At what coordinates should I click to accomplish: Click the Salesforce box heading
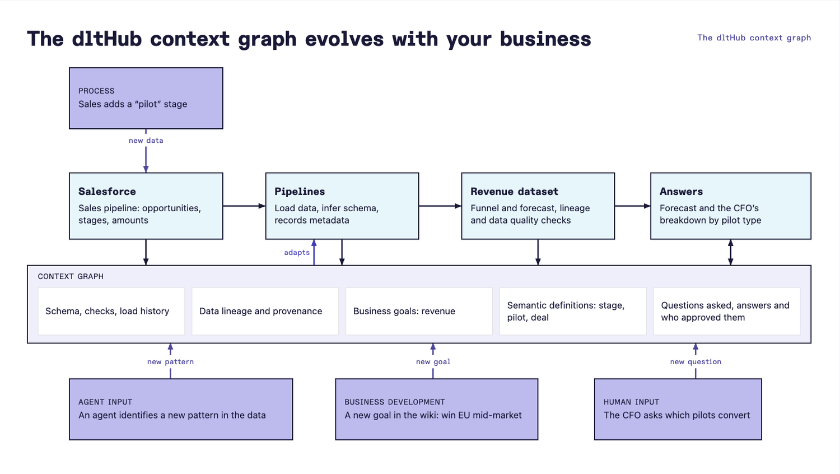[x=107, y=192]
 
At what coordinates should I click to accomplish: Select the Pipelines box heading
[x=300, y=192]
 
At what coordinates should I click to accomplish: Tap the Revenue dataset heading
[x=514, y=192]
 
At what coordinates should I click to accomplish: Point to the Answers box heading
[x=681, y=192]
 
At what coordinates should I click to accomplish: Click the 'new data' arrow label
[x=146, y=141]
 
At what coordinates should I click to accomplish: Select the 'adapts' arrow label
[x=297, y=253]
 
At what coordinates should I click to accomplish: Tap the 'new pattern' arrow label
[x=170, y=362]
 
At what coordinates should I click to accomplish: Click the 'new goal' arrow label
[x=433, y=362]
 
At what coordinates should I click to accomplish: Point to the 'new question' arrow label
[x=696, y=362]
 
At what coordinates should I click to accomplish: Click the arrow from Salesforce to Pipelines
[x=244, y=206]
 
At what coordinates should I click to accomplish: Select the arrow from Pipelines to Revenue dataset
[x=440, y=206]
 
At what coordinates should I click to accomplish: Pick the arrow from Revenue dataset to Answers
[x=633, y=206]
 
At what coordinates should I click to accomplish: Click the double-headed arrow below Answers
[x=730, y=252]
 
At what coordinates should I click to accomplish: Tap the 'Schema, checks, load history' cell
[x=111, y=311]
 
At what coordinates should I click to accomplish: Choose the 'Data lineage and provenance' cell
[x=265, y=311]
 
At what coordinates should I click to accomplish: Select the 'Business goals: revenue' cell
[x=419, y=311]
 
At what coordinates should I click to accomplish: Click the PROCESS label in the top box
[x=96, y=91]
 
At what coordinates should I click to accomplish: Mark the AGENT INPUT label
[x=105, y=402]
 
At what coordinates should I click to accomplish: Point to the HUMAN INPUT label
[x=631, y=402]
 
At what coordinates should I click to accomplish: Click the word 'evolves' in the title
[x=344, y=39]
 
